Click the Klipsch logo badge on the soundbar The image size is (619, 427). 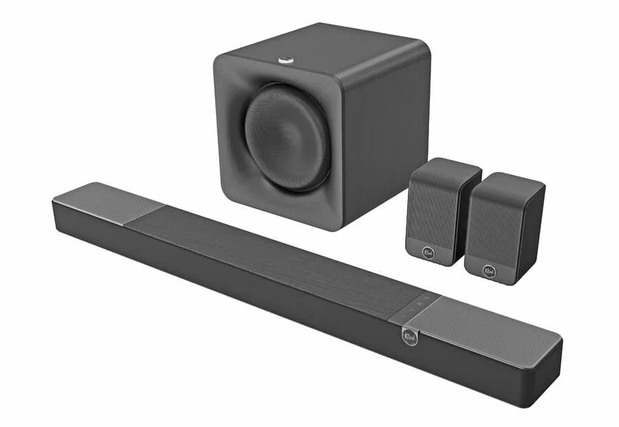tap(409, 336)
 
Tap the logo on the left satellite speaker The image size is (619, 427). tap(429, 252)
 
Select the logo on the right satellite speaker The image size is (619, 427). tap(490, 271)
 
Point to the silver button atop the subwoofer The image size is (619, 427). tap(286, 61)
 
